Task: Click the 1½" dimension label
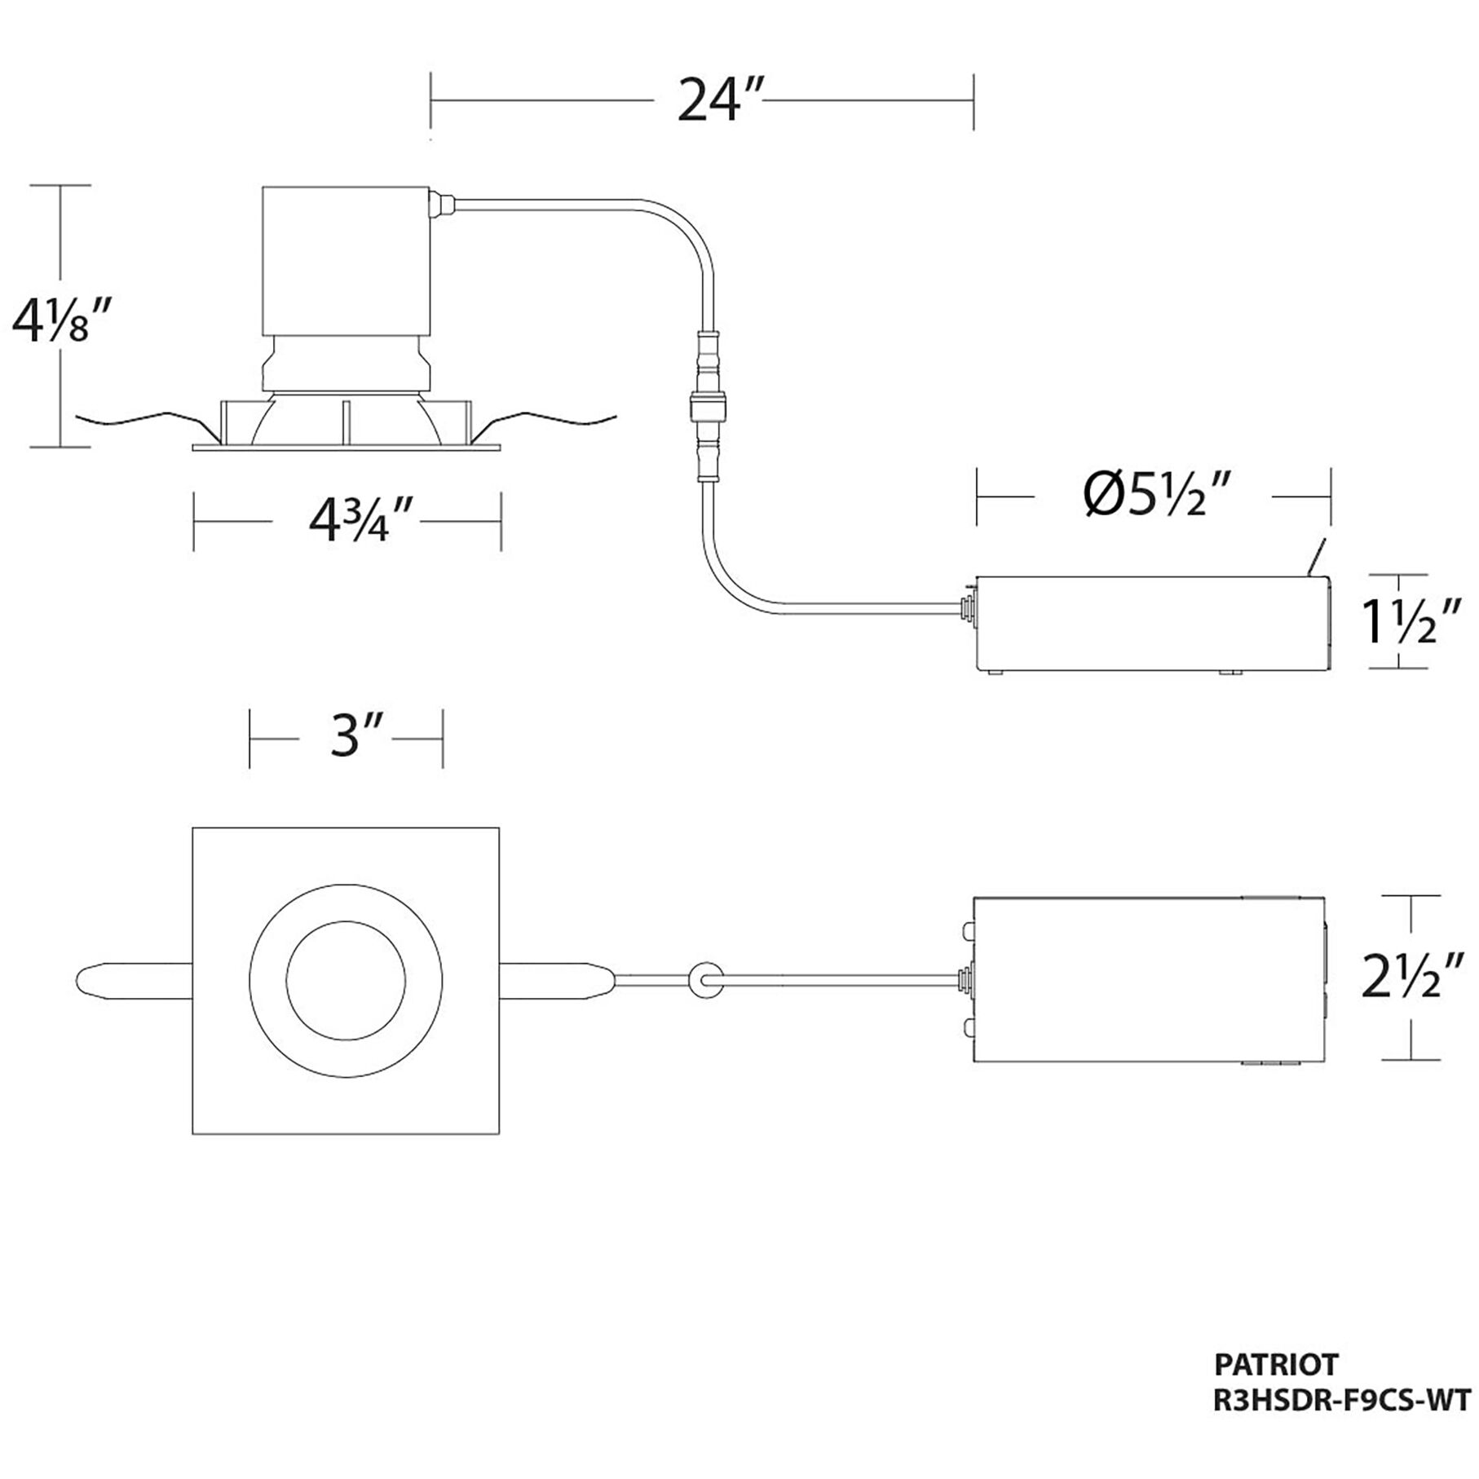[1411, 621]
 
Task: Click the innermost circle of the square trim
[346, 978]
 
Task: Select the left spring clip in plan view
[130, 978]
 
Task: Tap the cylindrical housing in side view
[346, 261]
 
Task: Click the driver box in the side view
[1152, 624]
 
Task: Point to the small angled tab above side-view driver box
[1315, 558]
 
